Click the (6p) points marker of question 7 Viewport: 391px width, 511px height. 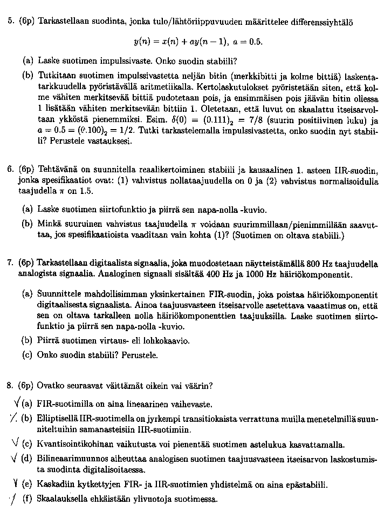point(25,263)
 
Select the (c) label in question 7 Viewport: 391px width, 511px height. point(27,355)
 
